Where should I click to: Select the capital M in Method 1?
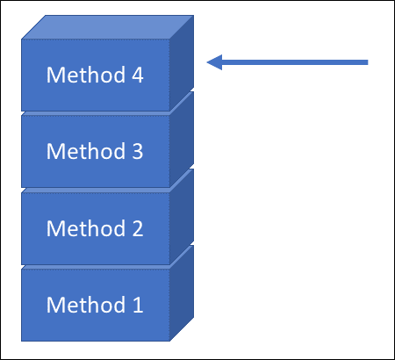pos(56,306)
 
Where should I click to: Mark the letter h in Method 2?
pos(91,229)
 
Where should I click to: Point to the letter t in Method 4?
pos(82,76)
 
